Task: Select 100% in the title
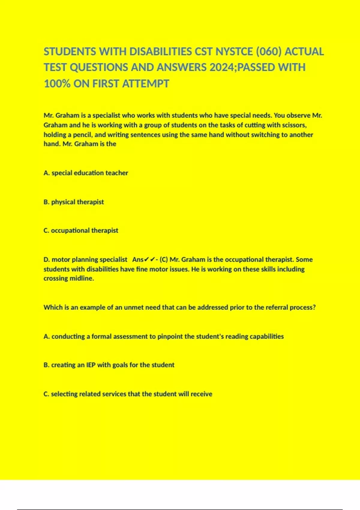coord(57,84)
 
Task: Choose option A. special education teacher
coord(86,173)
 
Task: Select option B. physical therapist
coord(74,202)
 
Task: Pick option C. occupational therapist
coord(81,230)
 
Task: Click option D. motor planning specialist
coord(85,259)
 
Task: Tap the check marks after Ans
coord(150,259)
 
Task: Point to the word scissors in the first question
coord(294,125)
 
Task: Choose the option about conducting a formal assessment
coord(164,337)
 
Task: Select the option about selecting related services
coord(128,394)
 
